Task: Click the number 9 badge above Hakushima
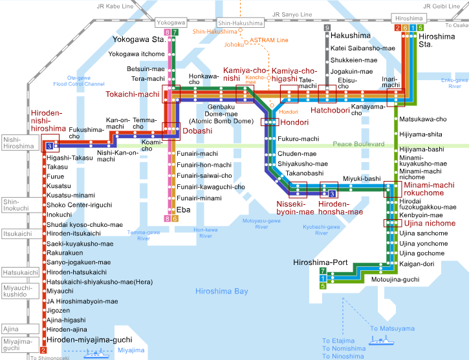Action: (327, 28)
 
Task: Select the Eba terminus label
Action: (183, 209)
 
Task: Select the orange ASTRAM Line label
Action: (268, 39)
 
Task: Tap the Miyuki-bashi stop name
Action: (361, 178)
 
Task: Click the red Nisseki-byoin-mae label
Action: (296, 206)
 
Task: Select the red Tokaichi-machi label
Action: (132, 94)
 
